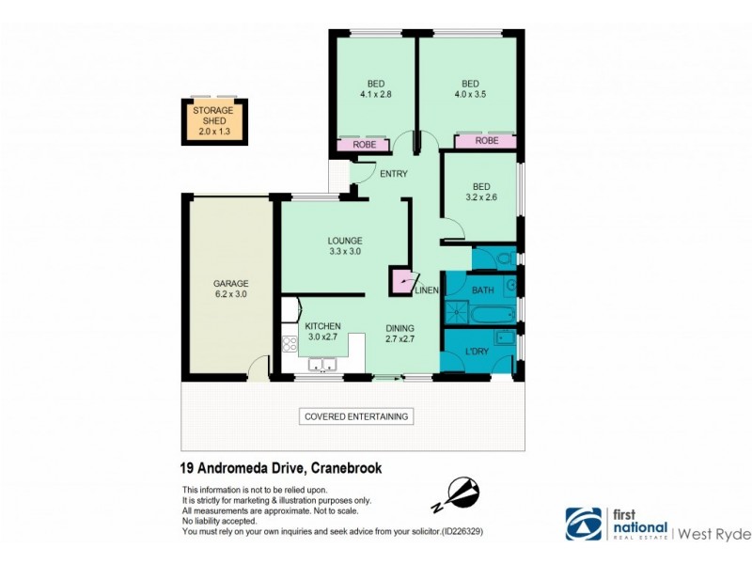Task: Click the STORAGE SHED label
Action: coord(213,121)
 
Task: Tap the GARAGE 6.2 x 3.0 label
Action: coord(229,287)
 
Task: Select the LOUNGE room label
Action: coord(346,245)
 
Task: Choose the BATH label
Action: coord(482,290)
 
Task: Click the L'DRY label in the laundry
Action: coord(477,352)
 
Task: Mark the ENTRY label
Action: coord(393,174)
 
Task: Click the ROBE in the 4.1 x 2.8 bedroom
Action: coord(364,146)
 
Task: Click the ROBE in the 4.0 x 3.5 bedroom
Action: coord(486,141)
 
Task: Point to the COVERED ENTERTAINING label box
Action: coord(356,416)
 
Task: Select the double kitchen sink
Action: coord(322,366)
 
